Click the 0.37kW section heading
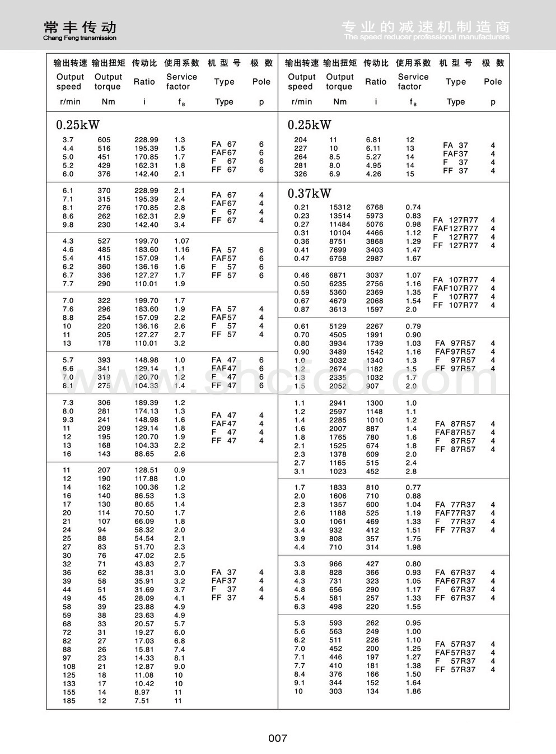309,194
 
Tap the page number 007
278,738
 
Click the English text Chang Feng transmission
80,38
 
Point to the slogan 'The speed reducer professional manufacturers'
427,37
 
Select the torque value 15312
340,207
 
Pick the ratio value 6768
375,207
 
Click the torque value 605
104,140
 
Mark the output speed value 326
301,174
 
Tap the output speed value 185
69,701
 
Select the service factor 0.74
413,207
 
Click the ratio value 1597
375,309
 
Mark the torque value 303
335,691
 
